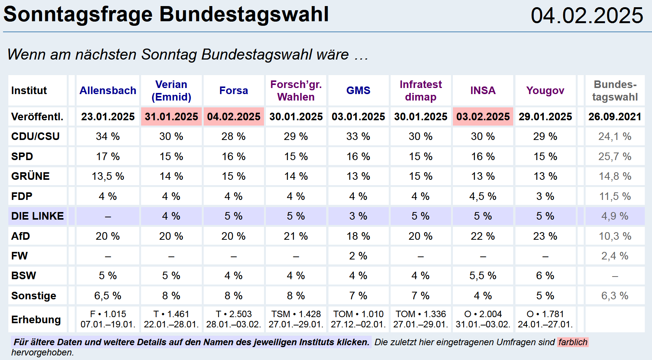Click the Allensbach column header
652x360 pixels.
(108, 91)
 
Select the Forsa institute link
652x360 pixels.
(234, 91)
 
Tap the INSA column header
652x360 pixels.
(483, 91)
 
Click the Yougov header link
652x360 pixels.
(545, 91)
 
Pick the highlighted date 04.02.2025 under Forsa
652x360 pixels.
(234, 117)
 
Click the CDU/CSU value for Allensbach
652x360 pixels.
(108, 137)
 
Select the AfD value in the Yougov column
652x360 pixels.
(545, 236)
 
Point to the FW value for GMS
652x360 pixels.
(358, 256)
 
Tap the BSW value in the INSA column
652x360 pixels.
(483, 276)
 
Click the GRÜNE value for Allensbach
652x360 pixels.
(108, 176)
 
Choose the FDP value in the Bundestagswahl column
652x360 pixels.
(615, 197)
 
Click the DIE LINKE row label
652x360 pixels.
(38, 216)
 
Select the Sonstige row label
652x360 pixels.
(34, 296)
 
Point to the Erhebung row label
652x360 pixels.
(36, 320)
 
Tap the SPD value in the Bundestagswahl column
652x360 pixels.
(615, 157)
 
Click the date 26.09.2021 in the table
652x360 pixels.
(615, 117)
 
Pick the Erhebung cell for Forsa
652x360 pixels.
(234, 319)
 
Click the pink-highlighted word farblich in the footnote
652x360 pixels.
(573, 342)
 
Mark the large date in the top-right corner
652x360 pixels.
(587, 16)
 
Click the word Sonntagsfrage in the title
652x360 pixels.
(78, 14)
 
